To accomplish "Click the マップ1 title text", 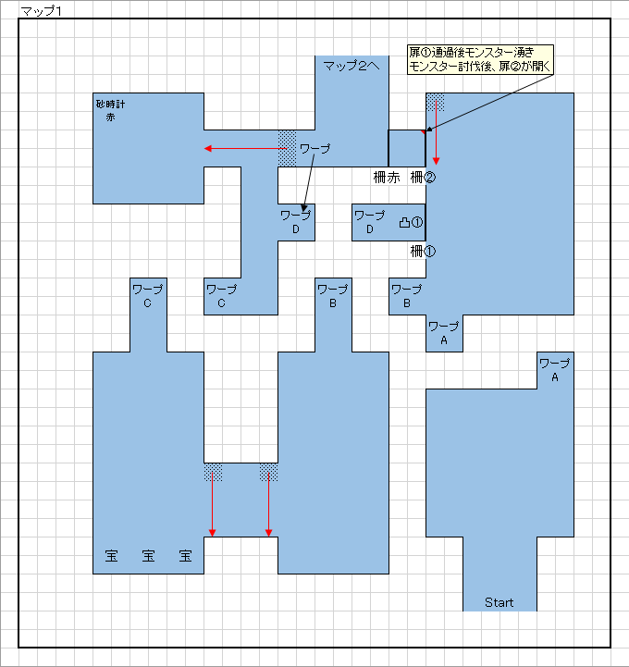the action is [x=42, y=11].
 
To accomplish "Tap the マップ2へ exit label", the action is [x=351, y=66].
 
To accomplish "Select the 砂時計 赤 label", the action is [x=111, y=111].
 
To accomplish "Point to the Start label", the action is [x=499, y=602].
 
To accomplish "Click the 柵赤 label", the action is [x=387, y=178].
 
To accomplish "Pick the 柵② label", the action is [x=423, y=178].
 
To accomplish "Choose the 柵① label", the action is [x=423, y=252].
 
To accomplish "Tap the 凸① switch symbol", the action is [x=411, y=222].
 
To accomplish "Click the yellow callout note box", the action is [x=480, y=59].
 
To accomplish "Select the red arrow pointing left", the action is [x=246, y=148].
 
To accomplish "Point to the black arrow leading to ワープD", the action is [x=309, y=183].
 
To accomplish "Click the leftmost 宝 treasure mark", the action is [x=111, y=556].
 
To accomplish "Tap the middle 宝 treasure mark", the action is [x=148, y=556].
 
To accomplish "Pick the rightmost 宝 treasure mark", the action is [x=185, y=556].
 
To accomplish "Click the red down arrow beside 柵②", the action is [x=436, y=132].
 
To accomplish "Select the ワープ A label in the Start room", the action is [x=555, y=370].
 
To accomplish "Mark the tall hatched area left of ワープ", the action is [x=287, y=148].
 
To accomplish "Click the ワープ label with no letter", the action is [x=315, y=148].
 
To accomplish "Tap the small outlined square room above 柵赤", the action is [x=407, y=148].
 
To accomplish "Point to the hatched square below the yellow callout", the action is [x=435, y=102].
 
